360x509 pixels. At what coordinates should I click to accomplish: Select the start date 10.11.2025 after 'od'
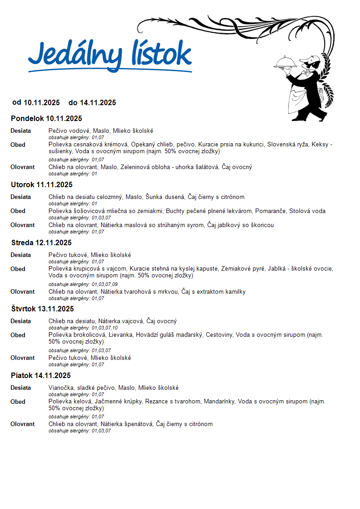42,103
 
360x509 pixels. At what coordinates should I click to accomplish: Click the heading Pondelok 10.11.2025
46,119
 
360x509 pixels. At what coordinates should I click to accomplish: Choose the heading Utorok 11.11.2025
42,185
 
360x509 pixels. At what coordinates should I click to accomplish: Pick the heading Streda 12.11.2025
41,243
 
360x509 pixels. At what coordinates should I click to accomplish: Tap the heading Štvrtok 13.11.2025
42,309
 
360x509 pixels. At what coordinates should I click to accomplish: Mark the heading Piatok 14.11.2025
41,376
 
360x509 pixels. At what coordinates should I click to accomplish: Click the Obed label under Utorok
18,211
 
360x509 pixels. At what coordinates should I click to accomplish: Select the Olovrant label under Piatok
23,424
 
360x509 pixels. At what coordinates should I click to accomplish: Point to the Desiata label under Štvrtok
21,321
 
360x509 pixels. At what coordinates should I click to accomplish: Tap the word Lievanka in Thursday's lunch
121,335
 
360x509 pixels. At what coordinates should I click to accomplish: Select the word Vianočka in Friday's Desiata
61,388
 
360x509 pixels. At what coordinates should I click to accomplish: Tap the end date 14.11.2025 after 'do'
98,103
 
